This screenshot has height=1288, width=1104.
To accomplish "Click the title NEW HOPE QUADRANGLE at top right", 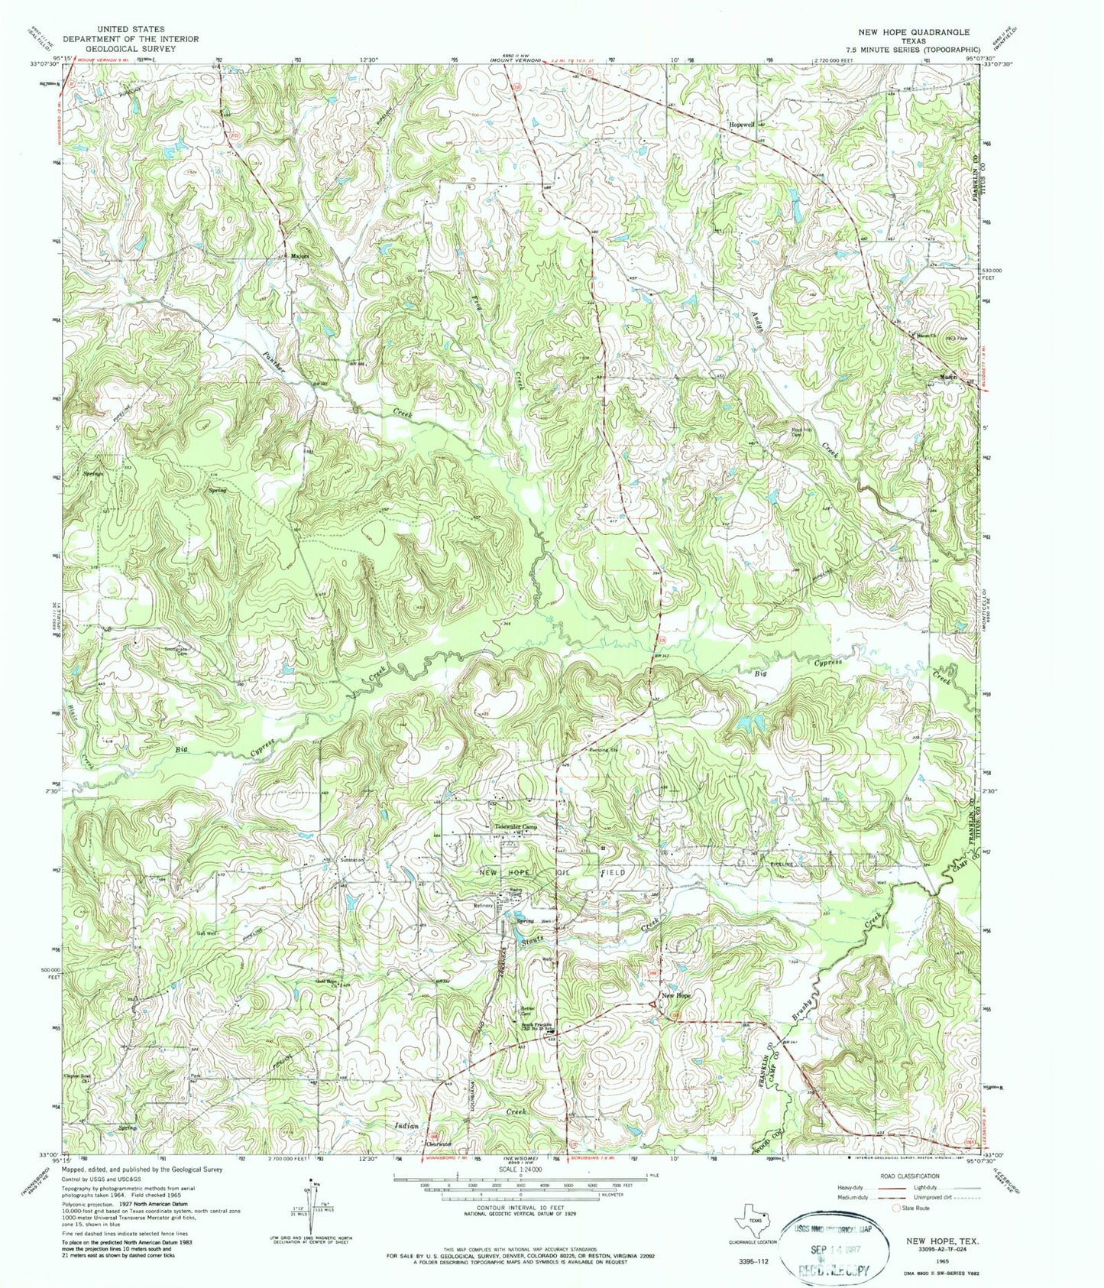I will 913,32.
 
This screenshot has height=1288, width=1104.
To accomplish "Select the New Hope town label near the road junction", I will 676,995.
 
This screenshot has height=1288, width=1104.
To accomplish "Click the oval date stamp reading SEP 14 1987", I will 838,1245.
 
